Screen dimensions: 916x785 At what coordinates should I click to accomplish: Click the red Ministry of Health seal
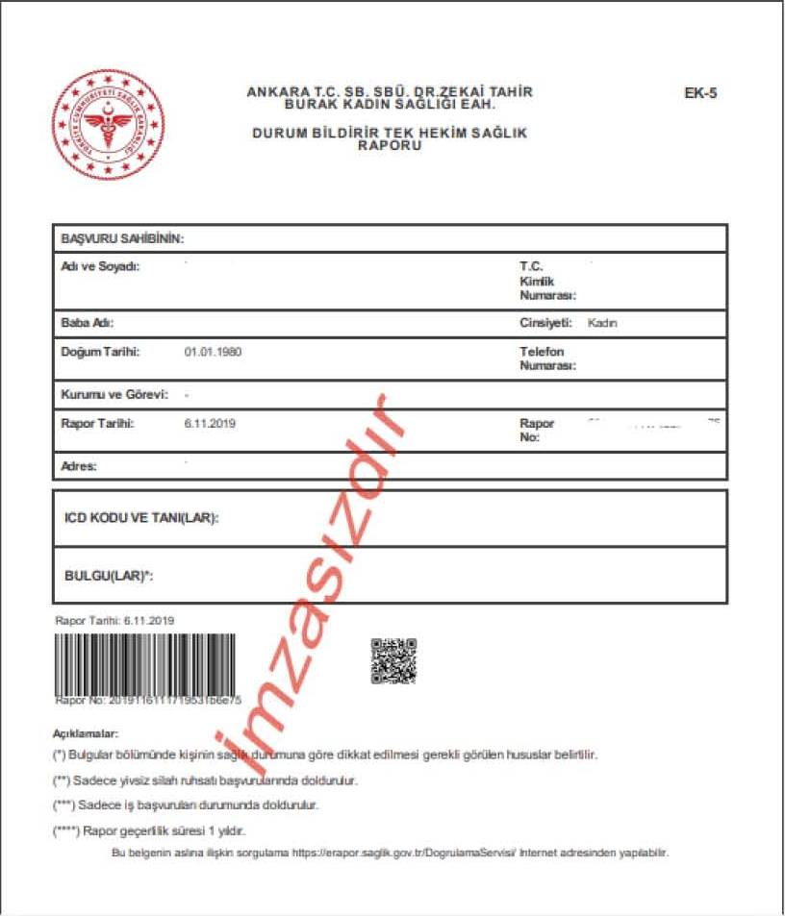pos(108,125)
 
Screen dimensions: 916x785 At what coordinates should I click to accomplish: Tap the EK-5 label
pos(700,94)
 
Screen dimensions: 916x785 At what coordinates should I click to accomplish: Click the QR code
pos(393,660)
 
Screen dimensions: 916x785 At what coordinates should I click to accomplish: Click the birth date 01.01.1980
pos(213,352)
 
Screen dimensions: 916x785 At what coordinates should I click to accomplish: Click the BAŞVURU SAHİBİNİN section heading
pos(122,237)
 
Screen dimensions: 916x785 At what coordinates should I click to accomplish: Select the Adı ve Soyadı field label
pos(100,266)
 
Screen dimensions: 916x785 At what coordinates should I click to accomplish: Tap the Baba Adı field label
pos(88,324)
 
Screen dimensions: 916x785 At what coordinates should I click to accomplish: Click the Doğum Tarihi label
pos(100,352)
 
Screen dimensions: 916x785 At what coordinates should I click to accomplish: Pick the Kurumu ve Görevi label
pos(114,394)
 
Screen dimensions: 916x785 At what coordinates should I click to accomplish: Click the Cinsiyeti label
pos(546,324)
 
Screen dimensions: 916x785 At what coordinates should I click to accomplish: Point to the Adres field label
pos(79,466)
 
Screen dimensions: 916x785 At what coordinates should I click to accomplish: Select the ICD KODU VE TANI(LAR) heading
pos(141,518)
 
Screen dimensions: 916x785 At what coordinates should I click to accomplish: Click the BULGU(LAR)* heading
pos(109,576)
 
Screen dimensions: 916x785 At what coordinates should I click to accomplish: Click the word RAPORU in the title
pos(390,145)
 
